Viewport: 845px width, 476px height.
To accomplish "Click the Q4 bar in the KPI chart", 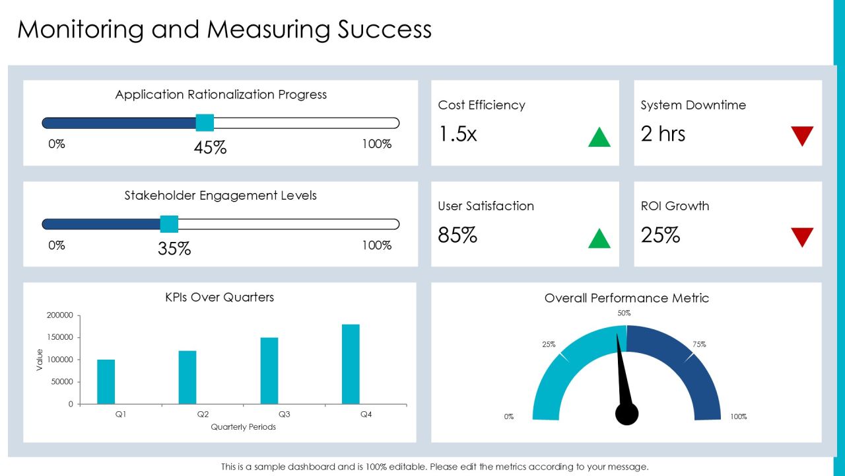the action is [x=351, y=364].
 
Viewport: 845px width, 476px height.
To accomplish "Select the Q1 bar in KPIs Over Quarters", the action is [x=106, y=381].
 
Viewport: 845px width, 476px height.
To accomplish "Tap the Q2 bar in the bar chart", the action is [x=187, y=377].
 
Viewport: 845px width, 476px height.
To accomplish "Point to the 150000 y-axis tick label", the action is [x=60, y=337].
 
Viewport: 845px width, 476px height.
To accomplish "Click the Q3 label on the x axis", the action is [x=284, y=415].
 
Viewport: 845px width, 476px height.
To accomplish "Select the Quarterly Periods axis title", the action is [x=244, y=427].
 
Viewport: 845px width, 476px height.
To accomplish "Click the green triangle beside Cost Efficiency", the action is [x=599, y=137].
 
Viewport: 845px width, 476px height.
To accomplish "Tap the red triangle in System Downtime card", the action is [x=802, y=136].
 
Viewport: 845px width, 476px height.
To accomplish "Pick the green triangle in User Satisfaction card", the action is [x=599, y=238].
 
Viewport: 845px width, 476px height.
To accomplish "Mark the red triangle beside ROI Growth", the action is [x=802, y=237].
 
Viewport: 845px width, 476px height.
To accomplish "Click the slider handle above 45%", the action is [x=205, y=123].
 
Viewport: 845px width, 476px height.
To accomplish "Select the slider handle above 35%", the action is [x=169, y=224].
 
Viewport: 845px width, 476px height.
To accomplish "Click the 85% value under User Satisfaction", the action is [x=457, y=235].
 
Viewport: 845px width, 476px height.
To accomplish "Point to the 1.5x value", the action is [x=457, y=134].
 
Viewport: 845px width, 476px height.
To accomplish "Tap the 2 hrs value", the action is [x=663, y=134].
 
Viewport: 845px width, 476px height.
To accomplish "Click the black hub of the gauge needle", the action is [x=626, y=414].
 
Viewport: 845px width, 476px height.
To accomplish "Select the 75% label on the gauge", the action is [x=699, y=344].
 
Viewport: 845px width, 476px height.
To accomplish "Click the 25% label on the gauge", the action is [x=549, y=344].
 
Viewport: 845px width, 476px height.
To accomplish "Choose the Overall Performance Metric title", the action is [x=626, y=298].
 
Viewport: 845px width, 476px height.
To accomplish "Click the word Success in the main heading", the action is [x=384, y=30].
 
